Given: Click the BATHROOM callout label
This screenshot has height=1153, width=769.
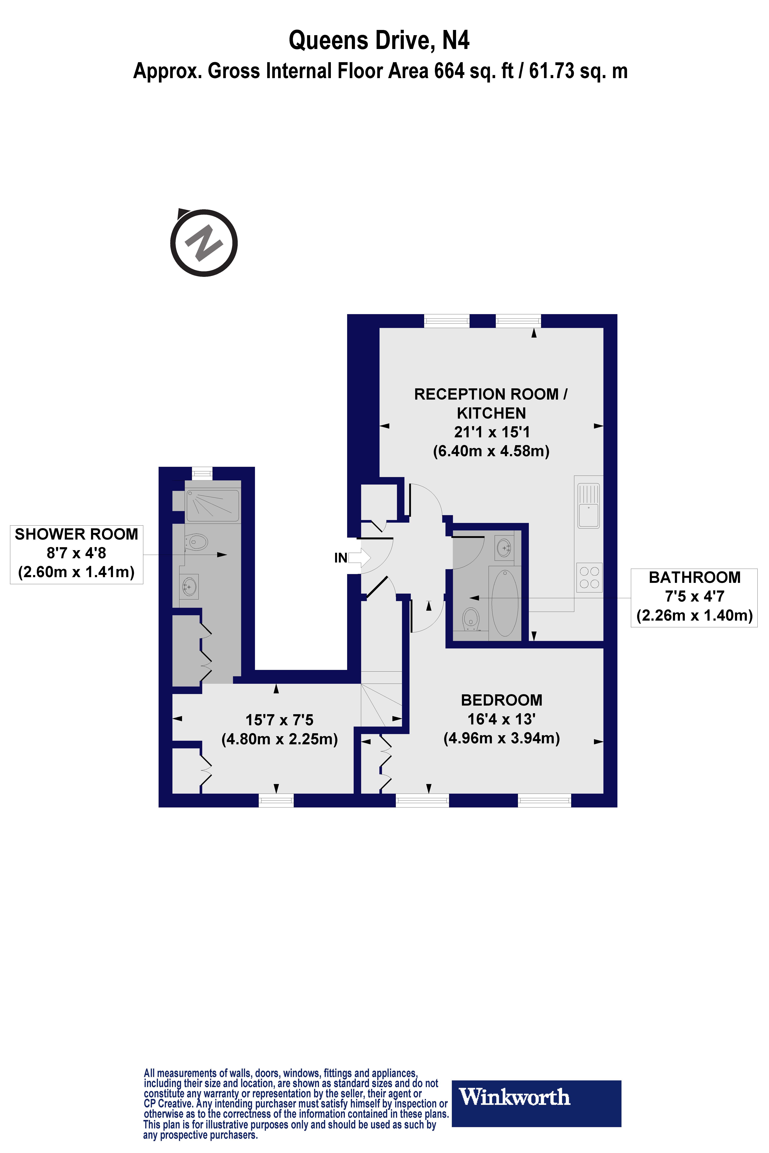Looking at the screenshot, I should [694, 577].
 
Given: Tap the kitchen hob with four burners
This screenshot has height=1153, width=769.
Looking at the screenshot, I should [589, 577].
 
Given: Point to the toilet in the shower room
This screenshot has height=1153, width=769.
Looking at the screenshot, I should [196, 542].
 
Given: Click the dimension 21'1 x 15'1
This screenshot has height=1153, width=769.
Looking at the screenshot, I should [491, 432].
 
